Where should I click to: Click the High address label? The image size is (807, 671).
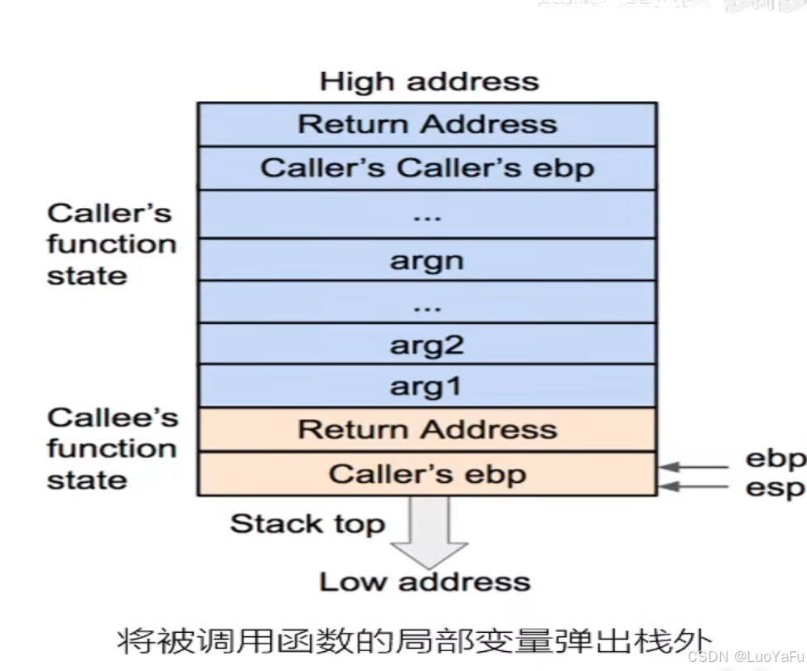[428, 82]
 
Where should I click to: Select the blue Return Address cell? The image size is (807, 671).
[427, 124]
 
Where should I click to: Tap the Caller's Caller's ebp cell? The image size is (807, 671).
[427, 168]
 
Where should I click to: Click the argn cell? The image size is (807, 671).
[427, 261]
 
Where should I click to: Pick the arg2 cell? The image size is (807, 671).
[427, 345]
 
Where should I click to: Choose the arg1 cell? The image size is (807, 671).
[427, 387]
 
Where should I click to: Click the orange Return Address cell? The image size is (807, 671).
[427, 430]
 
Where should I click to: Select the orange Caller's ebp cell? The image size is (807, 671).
[427, 474]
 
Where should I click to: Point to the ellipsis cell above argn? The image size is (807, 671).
[427, 215]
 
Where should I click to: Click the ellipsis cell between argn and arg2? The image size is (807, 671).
[427, 303]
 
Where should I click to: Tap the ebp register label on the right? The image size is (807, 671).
[775, 459]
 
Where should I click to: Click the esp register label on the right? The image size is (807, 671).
[775, 488]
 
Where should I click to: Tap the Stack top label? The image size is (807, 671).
[307, 524]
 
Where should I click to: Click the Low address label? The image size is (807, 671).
[424, 582]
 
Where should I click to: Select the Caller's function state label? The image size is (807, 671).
[111, 244]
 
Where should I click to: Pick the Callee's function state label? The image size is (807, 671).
[112, 448]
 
